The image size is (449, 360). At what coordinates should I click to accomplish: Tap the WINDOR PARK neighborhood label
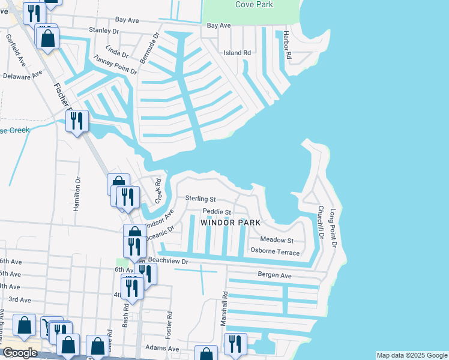(231, 223)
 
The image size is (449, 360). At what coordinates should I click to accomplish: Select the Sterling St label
(200, 199)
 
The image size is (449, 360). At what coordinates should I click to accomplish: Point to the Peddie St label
(217, 212)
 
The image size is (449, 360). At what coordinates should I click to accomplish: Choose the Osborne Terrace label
(275, 252)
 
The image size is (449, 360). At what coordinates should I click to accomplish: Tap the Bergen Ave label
(274, 275)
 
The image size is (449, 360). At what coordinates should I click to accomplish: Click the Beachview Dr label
(168, 261)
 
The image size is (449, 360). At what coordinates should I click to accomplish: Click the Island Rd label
(237, 53)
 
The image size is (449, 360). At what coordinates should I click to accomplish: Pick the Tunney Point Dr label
(112, 64)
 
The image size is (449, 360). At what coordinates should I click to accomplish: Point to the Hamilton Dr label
(77, 193)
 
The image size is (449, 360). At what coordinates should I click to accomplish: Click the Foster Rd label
(170, 322)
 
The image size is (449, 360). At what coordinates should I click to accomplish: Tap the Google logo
(20, 353)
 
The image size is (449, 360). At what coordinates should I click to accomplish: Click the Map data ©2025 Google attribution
(411, 355)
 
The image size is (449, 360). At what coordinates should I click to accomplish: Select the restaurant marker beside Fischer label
(77, 122)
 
